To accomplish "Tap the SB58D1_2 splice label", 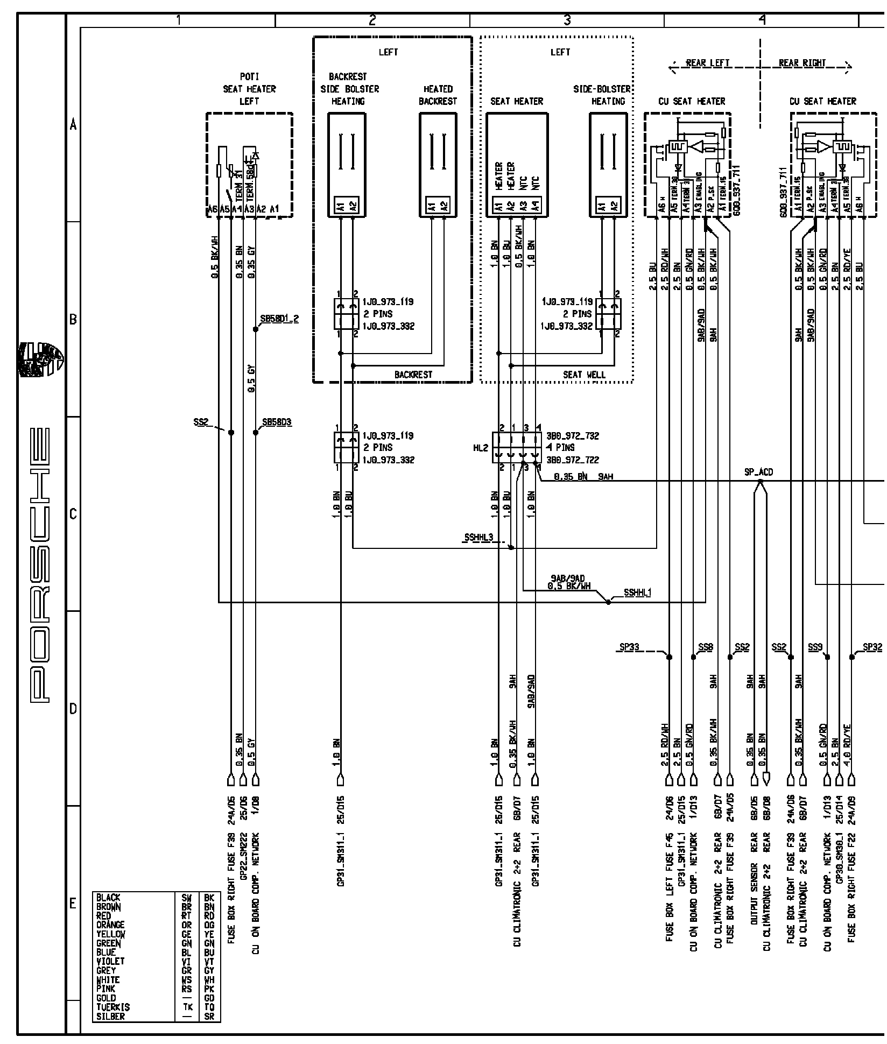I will click(279, 319).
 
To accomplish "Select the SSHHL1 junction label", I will click(638, 593).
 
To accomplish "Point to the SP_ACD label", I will click(758, 472).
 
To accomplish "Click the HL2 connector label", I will click(481, 448).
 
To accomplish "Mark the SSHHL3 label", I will click(478, 538).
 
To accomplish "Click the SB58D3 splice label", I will click(277, 422).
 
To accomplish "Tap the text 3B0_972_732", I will click(573, 436).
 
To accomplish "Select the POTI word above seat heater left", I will click(249, 77).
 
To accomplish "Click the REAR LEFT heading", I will click(708, 63).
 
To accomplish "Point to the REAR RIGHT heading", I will click(802, 63).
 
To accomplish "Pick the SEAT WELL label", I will click(584, 375).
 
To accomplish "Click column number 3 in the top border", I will click(567, 20).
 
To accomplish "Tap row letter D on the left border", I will click(73, 709).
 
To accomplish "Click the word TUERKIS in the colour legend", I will click(113, 1007).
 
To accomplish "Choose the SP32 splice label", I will click(872, 647).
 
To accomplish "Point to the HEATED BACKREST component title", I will click(438, 95).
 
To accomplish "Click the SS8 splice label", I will click(705, 647).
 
